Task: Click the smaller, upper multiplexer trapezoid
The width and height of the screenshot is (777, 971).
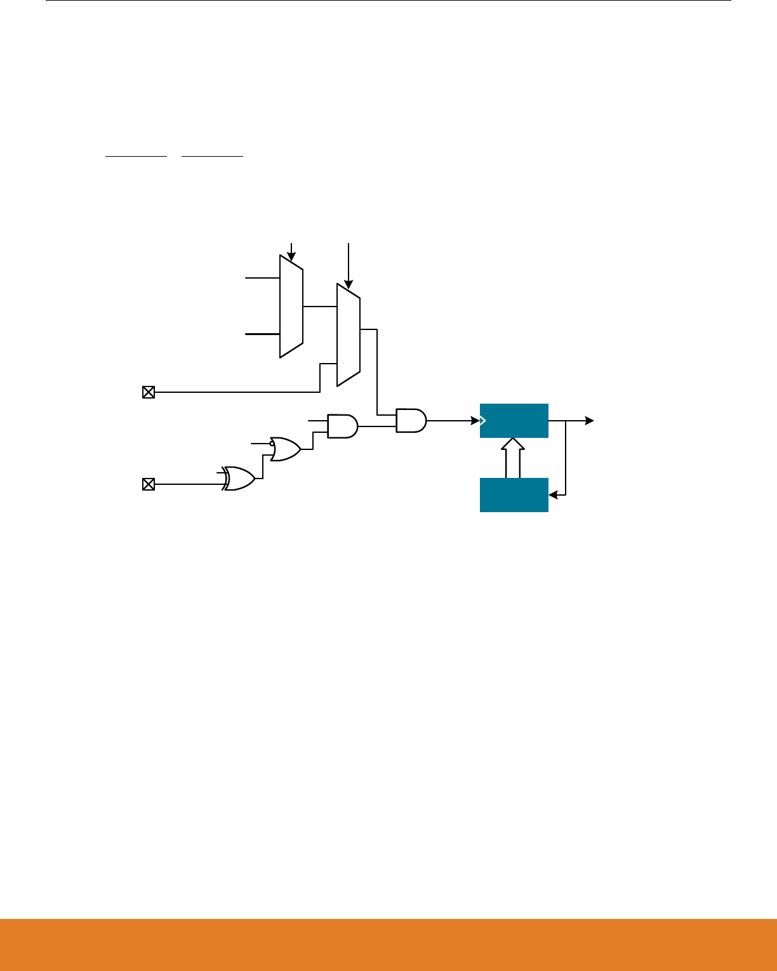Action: (x=291, y=307)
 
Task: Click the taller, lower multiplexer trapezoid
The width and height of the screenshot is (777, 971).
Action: (x=349, y=334)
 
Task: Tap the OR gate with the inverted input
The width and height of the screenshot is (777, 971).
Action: (x=286, y=449)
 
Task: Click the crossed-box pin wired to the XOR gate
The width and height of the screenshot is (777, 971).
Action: (x=148, y=485)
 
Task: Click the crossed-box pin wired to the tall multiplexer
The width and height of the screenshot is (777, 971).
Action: (x=148, y=392)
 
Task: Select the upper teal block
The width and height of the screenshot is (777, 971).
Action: (x=514, y=420)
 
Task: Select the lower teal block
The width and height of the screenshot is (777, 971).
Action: (x=514, y=494)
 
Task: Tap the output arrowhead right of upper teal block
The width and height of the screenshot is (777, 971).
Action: (x=590, y=420)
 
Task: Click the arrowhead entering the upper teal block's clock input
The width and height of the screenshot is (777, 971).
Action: (x=475, y=420)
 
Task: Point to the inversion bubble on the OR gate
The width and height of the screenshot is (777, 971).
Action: (x=272, y=444)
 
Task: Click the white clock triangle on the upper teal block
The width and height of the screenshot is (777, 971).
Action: (x=483, y=420)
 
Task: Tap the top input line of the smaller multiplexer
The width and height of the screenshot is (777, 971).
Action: (x=262, y=278)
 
